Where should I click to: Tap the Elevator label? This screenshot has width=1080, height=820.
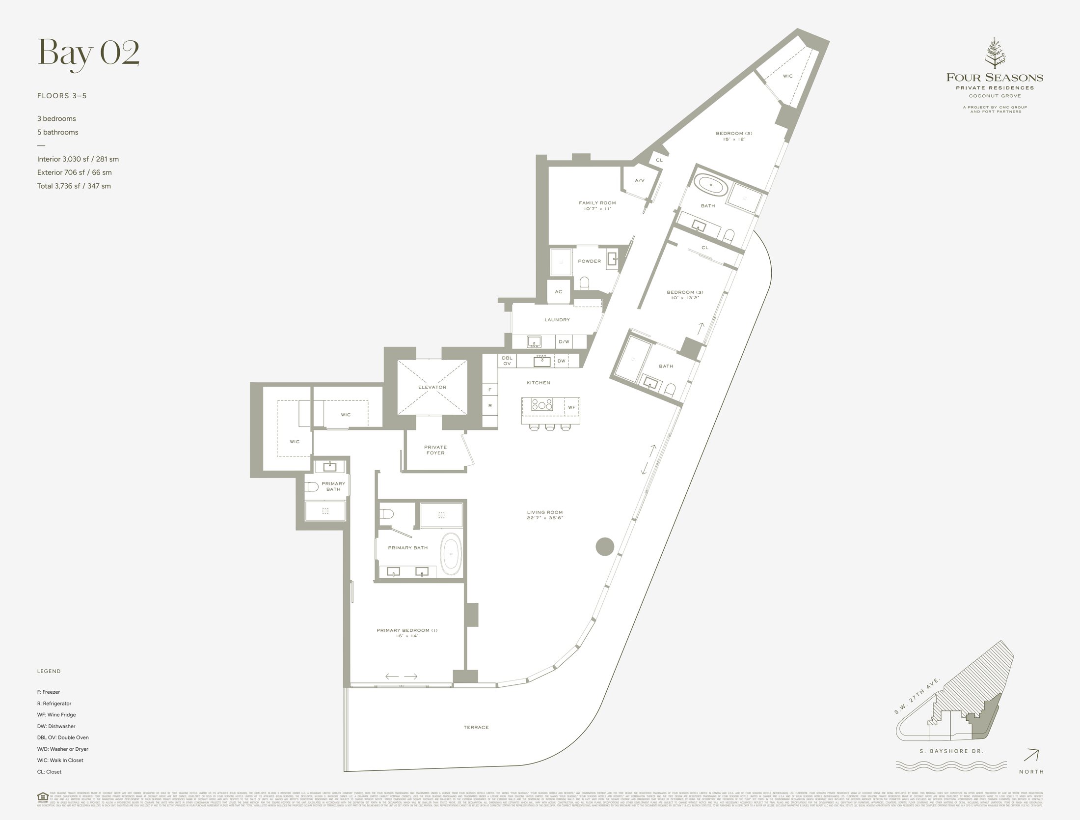(432, 387)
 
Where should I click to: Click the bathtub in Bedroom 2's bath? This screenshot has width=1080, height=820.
(710, 185)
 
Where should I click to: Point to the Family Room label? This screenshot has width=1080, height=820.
(597, 203)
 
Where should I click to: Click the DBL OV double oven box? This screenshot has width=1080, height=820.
(507, 361)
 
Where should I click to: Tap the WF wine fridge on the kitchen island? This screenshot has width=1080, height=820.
(572, 407)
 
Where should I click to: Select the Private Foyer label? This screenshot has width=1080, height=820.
(435, 450)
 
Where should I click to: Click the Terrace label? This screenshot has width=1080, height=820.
(476, 727)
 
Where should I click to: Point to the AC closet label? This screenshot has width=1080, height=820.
(558, 292)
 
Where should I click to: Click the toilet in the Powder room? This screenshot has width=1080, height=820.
(584, 283)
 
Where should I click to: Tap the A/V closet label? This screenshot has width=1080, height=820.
(639, 181)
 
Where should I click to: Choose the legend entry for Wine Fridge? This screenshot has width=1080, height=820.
(56, 715)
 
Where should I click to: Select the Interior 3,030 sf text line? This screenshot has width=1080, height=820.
(78, 159)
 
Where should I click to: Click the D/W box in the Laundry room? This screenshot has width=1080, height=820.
(564, 341)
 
